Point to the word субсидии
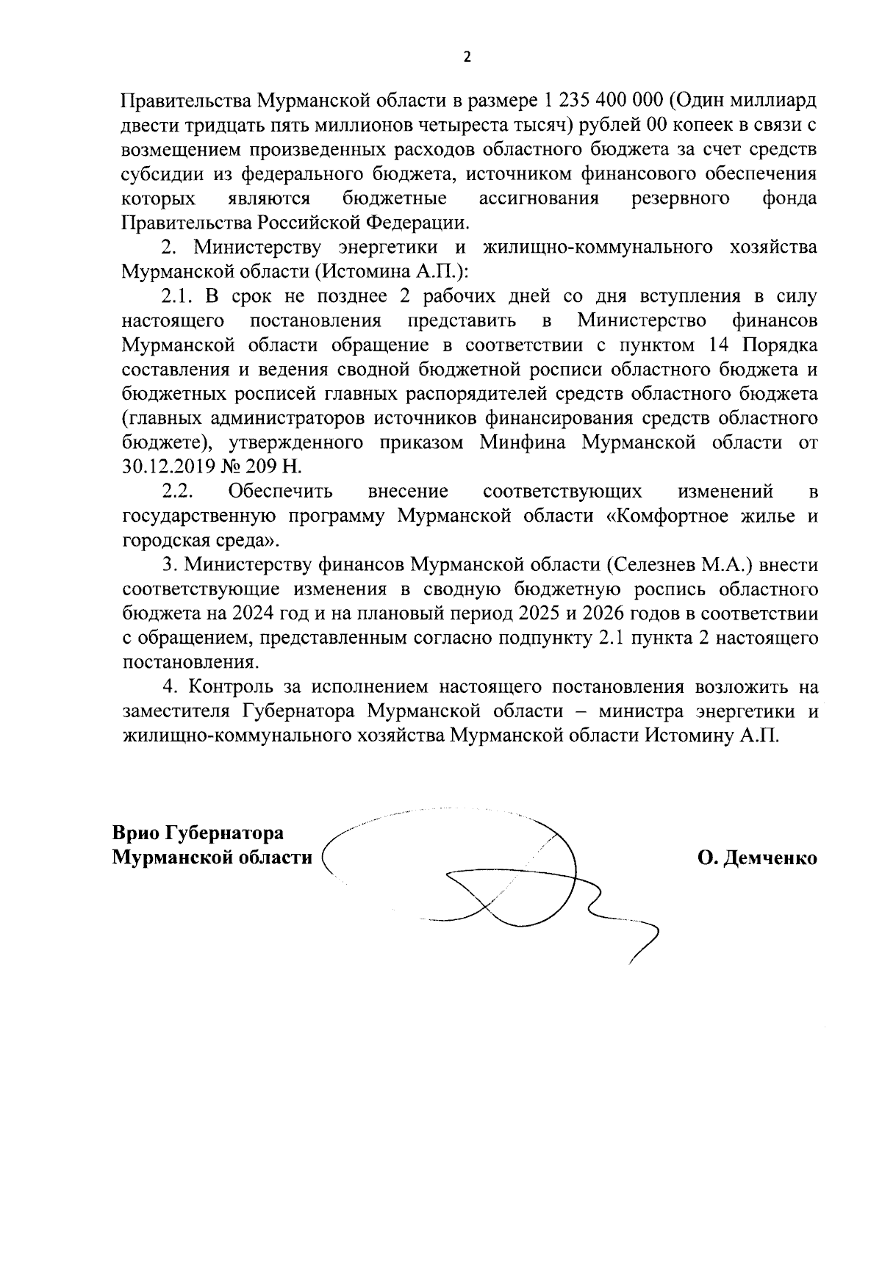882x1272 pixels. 161,174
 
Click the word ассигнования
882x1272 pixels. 539,198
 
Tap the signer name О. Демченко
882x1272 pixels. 758,858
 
